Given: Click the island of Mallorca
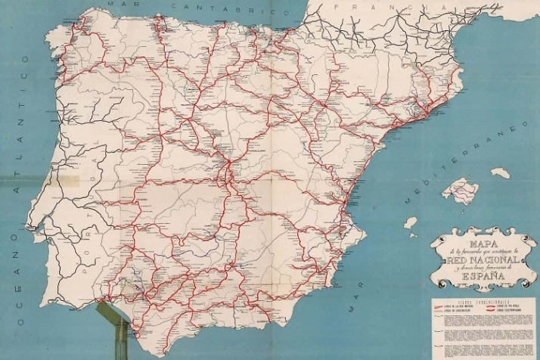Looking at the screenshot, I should coord(459,190).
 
